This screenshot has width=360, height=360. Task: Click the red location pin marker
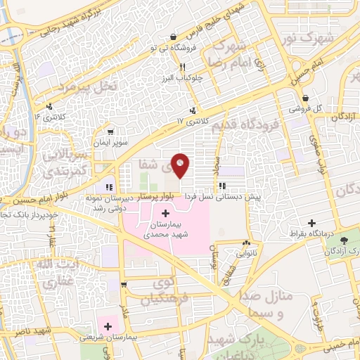181,165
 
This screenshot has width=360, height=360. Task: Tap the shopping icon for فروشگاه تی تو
172,37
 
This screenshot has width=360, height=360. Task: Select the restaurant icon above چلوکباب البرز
182,67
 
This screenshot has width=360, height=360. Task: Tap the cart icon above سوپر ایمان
110,131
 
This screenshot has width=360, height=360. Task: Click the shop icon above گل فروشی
305,98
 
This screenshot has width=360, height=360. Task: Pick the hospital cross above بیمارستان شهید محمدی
165,213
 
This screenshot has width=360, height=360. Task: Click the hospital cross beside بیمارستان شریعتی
108,325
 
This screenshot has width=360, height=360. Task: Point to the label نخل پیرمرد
66,88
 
